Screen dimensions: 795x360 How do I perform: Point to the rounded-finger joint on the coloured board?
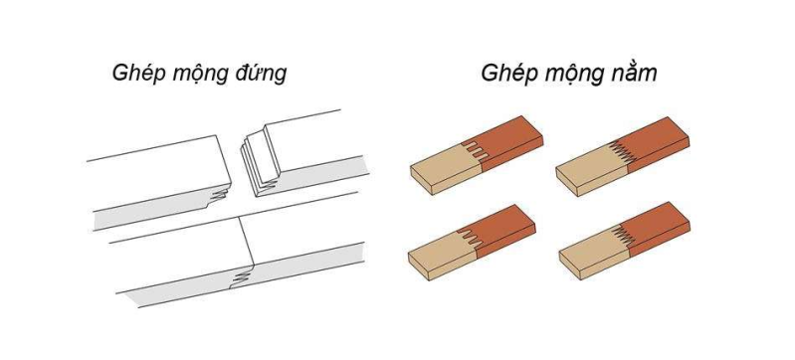click(x=469, y=238)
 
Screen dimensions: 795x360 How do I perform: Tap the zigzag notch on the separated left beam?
click(x=220, y=194)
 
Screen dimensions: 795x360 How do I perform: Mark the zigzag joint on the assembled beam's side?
click(x=241, y=276)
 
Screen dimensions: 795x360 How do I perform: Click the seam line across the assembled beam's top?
click(x=247, y=241)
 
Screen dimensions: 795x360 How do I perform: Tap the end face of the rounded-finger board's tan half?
click(x=419, y=267)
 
